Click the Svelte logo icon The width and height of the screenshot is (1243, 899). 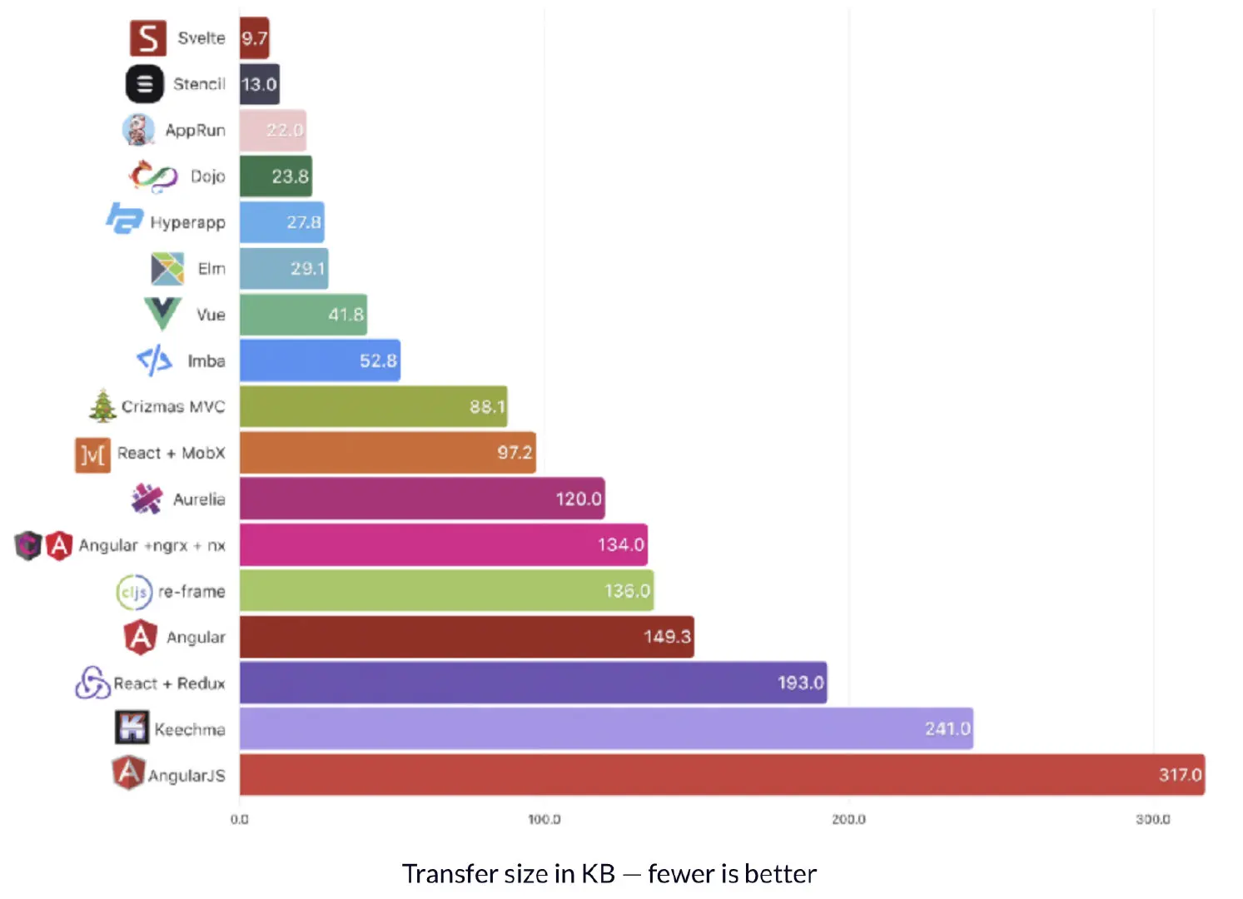(147, 38)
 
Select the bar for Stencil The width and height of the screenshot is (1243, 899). (259, 84)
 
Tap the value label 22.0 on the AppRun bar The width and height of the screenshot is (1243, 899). (285, 131)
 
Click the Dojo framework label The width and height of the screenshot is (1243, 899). (207, 176)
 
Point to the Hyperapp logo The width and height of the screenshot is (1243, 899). (125, 219)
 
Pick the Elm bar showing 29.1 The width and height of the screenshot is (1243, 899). (283, 269)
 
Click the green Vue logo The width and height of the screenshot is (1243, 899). (162, 313)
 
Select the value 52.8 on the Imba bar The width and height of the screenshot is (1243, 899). (378, 361)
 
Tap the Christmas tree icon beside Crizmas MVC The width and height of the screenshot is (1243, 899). (103, 406)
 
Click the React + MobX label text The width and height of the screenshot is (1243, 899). (171, 453)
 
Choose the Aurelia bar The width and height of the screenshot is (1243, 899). (421, 499)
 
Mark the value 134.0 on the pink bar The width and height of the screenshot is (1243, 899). (620, 545)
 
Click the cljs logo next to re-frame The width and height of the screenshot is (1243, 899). (134, 592)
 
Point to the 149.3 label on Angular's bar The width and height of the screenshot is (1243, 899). (667, 637)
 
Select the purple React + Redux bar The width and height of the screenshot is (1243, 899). (533, 683)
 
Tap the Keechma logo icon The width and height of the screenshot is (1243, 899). (132, 728)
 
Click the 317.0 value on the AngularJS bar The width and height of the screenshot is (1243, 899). (1180, 775)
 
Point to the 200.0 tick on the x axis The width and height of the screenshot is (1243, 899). (848, 820)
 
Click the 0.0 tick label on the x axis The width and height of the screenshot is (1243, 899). (240, 820)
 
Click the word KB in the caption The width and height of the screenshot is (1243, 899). (598, 874)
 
